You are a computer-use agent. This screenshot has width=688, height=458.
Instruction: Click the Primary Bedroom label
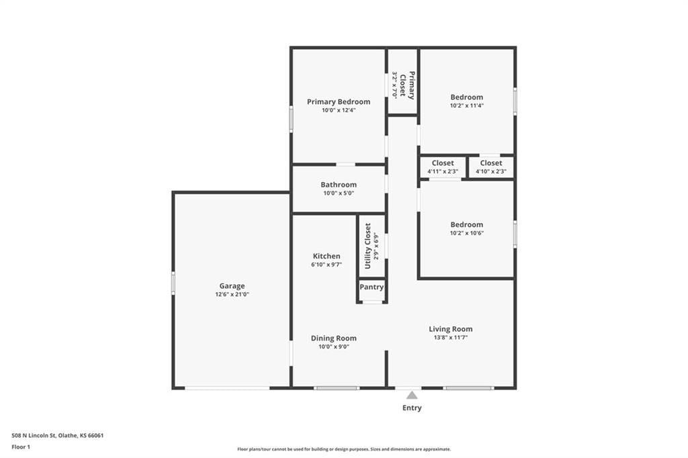tap(339, 102)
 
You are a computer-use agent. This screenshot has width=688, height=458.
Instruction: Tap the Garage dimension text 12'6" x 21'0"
tap(232, 294)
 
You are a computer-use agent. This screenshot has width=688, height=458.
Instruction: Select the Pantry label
tap(372, 287)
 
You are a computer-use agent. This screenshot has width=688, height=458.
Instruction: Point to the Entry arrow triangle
tap(412, 396)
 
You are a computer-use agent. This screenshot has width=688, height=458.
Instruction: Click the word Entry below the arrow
tap(412, 408)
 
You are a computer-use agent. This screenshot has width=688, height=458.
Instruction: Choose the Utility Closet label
tap(368, 246)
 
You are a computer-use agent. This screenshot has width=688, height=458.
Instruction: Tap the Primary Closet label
tap(406, 85)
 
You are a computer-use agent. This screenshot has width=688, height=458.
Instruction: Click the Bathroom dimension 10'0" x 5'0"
tap(339, 193)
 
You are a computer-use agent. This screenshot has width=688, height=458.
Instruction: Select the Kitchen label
tap(327, 257)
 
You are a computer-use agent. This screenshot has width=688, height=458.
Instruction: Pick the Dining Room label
tap(333, 338)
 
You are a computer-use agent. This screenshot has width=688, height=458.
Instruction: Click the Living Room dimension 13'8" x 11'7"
tap(451, 337)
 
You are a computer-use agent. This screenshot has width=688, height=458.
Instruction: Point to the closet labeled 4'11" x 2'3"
tap(443, 167)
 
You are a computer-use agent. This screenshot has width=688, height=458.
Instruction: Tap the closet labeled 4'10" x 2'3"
tap(491, 167)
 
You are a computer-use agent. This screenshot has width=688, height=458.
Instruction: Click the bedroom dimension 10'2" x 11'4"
tap(467, 105)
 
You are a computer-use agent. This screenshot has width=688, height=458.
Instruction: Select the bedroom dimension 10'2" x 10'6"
tap(467, 233)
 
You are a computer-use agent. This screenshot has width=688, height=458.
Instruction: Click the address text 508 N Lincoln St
tap(34, 436)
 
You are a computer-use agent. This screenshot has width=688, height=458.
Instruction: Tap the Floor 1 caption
tap(21, 447)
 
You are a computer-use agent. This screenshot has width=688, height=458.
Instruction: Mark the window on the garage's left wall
tap(173, 283)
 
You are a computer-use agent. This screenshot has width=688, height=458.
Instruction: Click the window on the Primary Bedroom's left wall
tap(291, 118)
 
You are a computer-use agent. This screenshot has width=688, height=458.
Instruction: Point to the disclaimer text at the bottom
tap(344, 449)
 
